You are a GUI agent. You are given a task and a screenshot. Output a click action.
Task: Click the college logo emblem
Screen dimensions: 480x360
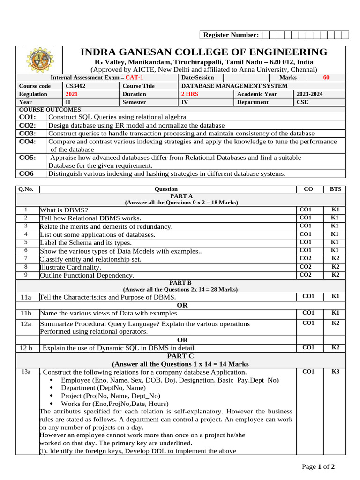click(39, 60)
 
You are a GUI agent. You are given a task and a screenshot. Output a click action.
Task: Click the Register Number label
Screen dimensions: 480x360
click(230, 35)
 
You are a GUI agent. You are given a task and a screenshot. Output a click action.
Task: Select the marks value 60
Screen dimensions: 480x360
click(326, 77)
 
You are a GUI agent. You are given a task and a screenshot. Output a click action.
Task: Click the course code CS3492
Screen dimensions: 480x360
click(75, 86)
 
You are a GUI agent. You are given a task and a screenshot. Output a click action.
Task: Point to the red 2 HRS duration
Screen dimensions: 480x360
click(190, 94)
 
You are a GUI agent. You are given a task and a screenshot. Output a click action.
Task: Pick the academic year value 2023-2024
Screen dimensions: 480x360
click(310, 94)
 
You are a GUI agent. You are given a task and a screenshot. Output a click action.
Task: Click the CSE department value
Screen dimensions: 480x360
click(303, 102)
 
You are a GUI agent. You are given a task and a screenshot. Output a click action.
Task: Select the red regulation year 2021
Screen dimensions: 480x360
click(72, 94)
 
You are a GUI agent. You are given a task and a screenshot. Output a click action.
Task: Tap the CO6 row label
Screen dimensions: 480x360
click(26, 173)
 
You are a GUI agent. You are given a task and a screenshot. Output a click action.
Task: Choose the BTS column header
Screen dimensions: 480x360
click(335, 189)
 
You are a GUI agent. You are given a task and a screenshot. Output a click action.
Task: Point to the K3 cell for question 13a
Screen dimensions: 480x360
click(335, 372)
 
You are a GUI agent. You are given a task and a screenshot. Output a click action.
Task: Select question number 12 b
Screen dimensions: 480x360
click(26, 348)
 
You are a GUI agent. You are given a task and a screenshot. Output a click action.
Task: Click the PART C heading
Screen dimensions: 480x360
click(180, 356)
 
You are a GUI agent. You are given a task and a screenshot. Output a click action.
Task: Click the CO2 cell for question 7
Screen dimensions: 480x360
click(305, 258)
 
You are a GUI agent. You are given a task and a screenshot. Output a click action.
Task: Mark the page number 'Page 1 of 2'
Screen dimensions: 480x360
click(318, 466)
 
